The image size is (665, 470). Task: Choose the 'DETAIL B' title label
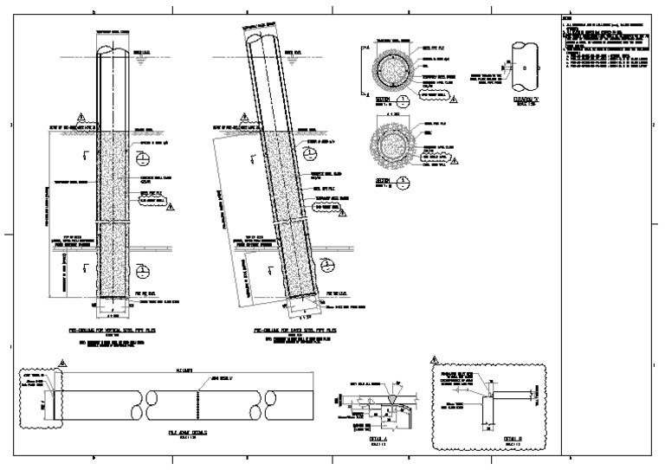point(513,439)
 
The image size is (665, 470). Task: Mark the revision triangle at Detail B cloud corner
point(434,357)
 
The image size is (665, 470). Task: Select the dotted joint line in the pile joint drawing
point(202,403)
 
